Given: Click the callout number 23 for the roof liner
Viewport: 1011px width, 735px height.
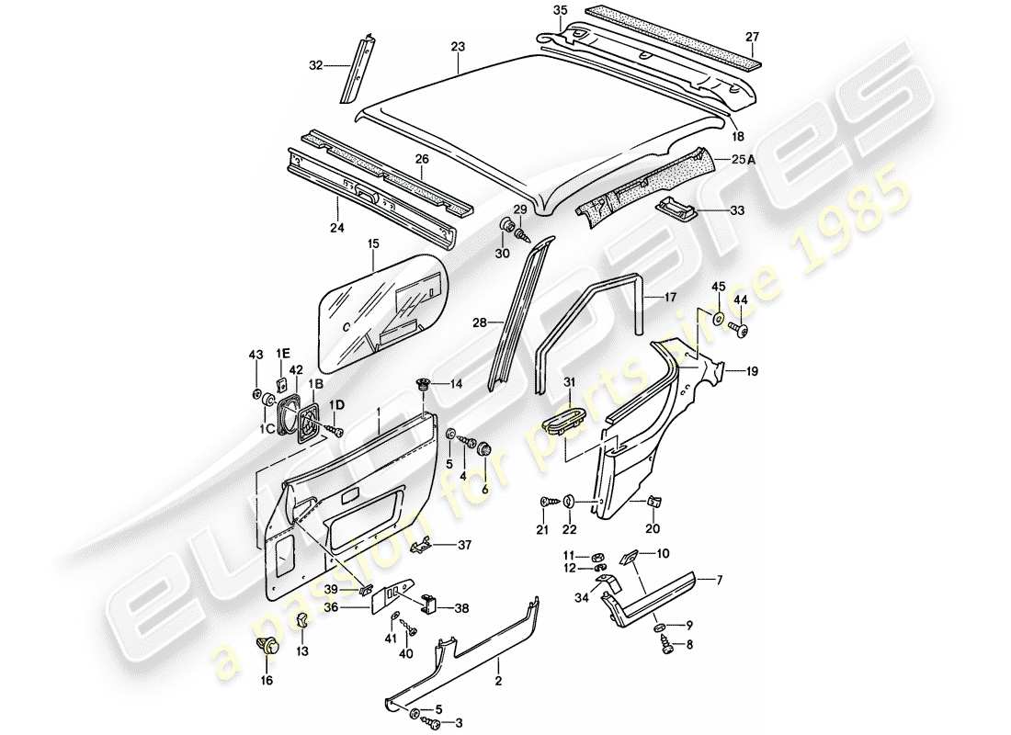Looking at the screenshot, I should [458, 46].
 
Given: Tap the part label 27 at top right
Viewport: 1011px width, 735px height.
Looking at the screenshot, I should [752, 37].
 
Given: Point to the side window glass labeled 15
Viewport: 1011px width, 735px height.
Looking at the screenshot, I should [381, 303].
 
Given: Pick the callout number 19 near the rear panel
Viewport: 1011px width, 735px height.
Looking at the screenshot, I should [752, 372].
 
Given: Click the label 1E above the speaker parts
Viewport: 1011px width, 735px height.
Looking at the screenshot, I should [283, 354].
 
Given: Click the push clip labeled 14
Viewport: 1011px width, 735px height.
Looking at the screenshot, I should [425, 384].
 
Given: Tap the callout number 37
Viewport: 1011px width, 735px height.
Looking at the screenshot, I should [465, 546].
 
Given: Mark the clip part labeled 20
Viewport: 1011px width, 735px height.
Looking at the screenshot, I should [653, 502].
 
